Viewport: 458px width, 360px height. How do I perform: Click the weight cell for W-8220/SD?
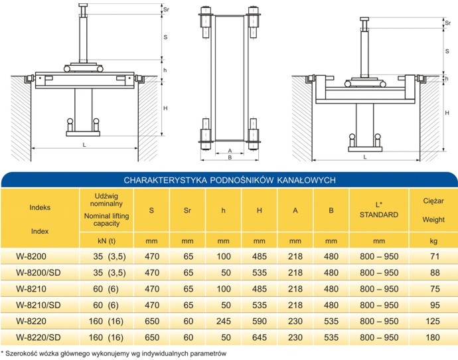[x=433, y=337]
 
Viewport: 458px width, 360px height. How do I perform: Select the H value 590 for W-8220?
[x=260, y=321]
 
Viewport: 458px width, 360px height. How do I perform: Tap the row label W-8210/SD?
[x=38, y=305]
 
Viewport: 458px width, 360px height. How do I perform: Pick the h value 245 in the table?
[x=224, y=321]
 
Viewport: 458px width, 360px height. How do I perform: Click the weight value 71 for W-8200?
[x=435, y=256]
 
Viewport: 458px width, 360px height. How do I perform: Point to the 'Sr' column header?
[x=187, y=211]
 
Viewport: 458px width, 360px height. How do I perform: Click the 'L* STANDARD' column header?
[x=379, y=210]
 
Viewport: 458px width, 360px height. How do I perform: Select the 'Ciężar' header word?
[x=433, y=201]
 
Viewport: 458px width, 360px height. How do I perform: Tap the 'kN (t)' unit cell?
[x=106, y=241]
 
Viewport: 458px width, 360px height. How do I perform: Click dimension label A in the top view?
[x=230, y=151]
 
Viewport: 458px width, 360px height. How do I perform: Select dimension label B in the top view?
[x=230, y=157]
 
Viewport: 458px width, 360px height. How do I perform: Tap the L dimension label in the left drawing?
[x=84, y=145]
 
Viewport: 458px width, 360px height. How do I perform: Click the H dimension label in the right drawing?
[x=447, y=113]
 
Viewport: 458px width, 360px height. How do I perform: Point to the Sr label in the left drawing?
[x=166, y=9]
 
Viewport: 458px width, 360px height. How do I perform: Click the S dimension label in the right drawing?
[x=447, y=51]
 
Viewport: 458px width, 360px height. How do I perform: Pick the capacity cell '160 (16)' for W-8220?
[x=106, y=321]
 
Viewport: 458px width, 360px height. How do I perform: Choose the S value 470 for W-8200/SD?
[x=152, y=272]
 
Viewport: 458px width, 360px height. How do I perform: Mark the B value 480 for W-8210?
[x=331, y=289]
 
